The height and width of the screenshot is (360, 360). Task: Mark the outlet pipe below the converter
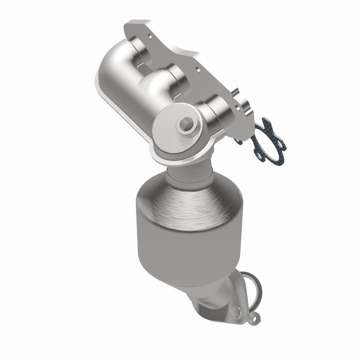coord(212,300)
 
